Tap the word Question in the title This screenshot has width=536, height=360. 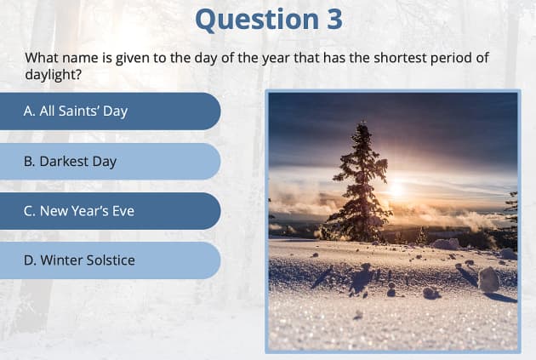[x=254, y=19]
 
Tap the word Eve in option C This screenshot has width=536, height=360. [x=123, y=211]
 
